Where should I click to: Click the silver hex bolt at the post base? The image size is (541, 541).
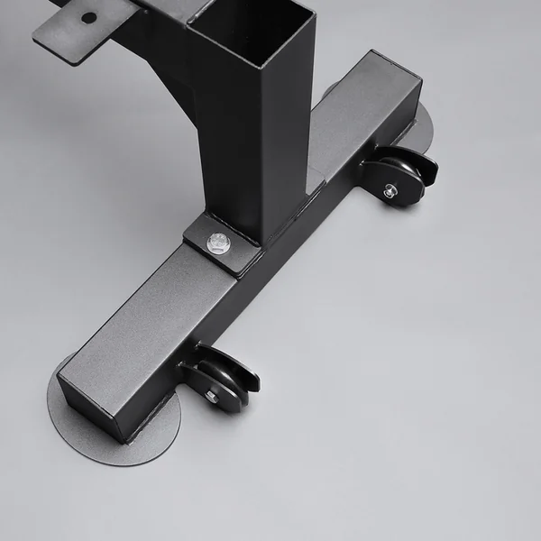click(x=218, y=241)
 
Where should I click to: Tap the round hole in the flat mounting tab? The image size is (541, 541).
click(x=88, y=17)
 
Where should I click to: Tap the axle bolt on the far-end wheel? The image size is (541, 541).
click(x=390, y=190)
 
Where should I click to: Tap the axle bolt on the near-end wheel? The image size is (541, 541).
click(x=210, y=395)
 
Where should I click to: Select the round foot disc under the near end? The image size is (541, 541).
click(x=108, y=424)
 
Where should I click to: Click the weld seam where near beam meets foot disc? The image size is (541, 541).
click(x=126, y=437)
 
